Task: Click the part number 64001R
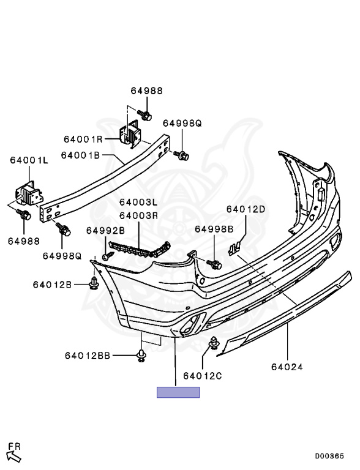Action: (x=83, y=140)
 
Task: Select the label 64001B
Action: (x=80, y=155)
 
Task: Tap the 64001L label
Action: (x=29, y=160)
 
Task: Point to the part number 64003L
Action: (x=138, y=202)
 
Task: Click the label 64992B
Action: (x=105, y=231)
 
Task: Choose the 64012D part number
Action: (x=246, y=209)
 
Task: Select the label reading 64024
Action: (x=287, y=367)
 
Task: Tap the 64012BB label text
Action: (x=88, y=356)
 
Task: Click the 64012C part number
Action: (x=203, y=376)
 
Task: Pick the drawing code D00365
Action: (x=329, y=456)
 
